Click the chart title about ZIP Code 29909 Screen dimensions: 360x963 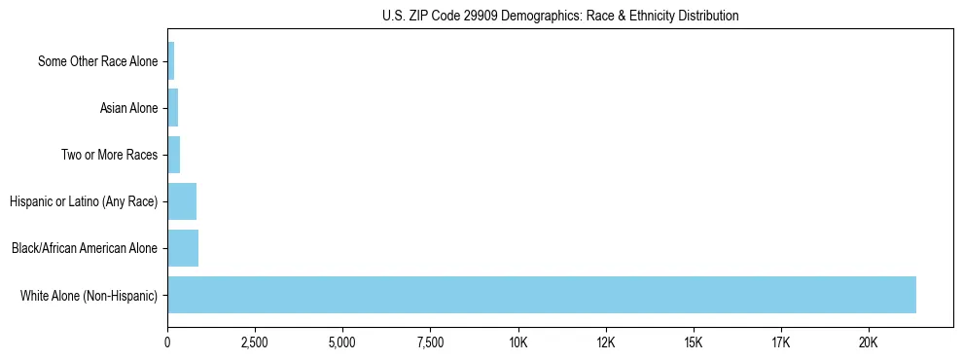point(560,16)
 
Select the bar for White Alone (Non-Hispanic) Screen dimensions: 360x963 point(542,295)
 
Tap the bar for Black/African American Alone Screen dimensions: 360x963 point(183,248)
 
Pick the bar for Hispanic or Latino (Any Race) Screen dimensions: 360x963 point(182,201)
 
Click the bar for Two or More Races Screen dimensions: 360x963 point(174,155)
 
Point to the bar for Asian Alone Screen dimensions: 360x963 point(173,108)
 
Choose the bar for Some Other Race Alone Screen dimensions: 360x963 point(171,61)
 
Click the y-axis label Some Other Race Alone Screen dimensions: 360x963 point(97,61)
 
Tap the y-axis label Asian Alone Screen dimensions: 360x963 point(128,108)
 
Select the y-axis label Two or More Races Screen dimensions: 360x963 point(109,155)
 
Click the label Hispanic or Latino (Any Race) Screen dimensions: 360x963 point(83,201)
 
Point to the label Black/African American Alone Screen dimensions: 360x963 point(85,248)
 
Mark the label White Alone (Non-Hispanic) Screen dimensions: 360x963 point(89,295)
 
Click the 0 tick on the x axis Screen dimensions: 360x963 point(167,342)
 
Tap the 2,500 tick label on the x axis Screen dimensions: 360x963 point(255,342)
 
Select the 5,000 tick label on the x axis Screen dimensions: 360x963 point(342,342)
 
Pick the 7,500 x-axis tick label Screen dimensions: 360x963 point(430,342)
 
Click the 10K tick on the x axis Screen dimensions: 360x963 point(517,342)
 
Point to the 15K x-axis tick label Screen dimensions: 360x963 point(694,342)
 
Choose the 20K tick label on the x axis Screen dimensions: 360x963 point(869,342)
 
